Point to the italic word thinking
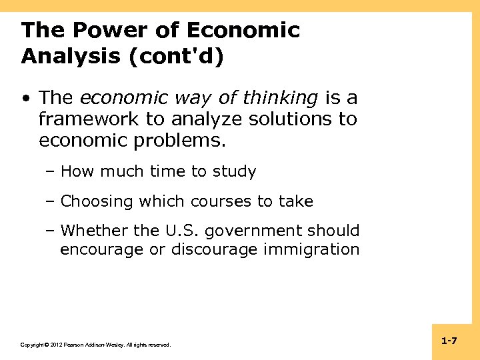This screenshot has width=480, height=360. coord(280,99)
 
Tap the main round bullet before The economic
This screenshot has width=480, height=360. coord(25,99)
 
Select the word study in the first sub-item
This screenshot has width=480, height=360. coord(234,172)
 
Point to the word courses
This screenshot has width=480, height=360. coord(221,201)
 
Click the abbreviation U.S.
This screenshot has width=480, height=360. coord(182,231)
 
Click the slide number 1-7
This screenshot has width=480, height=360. coord(449,341)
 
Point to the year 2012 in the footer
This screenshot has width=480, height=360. coord(54,345)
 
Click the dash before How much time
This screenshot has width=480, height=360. coord(51,172)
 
